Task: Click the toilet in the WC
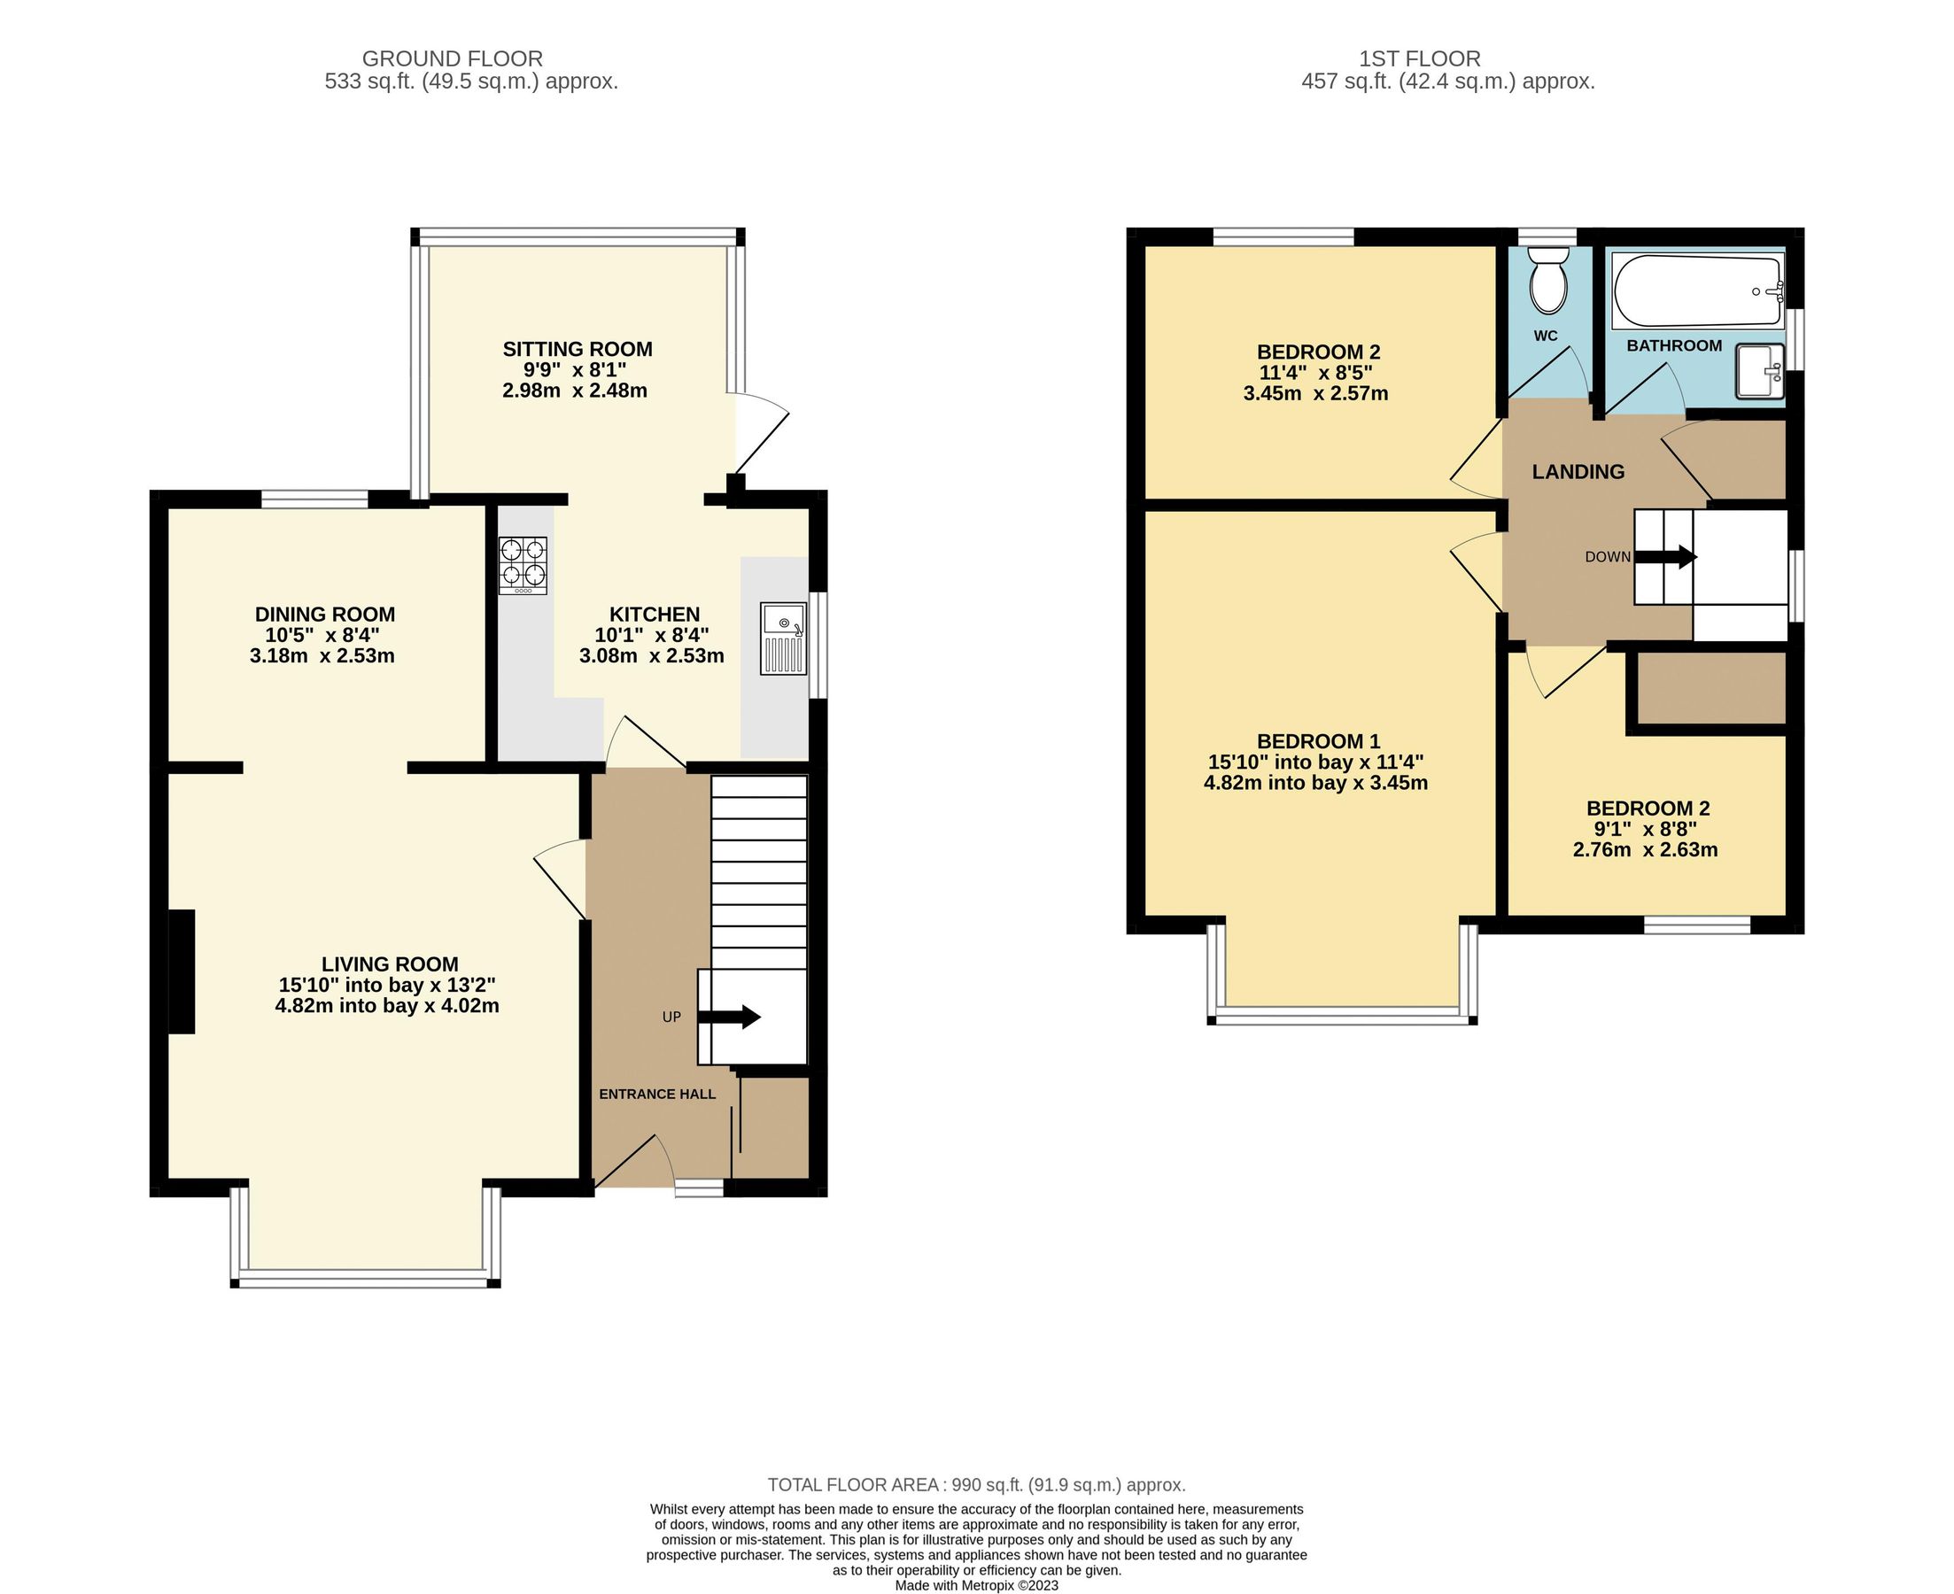(1548, 282)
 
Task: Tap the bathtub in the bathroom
(1698, 291)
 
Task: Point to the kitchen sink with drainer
(783, 639)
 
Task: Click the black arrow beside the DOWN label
(1665, 555)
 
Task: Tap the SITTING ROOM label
(577, 349)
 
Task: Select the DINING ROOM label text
(325, 615)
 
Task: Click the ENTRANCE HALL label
(656, 1094)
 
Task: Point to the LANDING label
(1578, 472)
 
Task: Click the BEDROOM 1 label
(1318, 741)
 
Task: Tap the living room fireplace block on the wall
(182, 971)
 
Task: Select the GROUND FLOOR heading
(452, 58)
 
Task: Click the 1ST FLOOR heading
(1419, 58)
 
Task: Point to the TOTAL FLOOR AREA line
(976, 1485)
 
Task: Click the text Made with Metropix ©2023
(976, 1585)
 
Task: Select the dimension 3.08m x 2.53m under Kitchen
(651, 655)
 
